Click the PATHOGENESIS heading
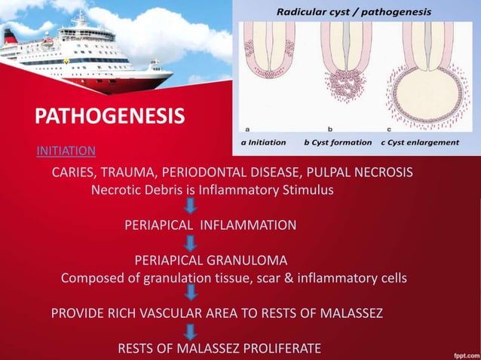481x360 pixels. click(110, 117)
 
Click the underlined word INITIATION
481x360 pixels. click(66, 150)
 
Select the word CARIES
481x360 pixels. click(73, 172)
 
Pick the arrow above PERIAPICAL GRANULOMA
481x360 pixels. click(191, 243)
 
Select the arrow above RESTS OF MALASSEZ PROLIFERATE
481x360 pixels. click(191, 331)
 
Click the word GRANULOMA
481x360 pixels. click(248, 261)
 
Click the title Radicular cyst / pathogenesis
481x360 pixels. click(354, 12)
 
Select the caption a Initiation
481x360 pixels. click(263, 142)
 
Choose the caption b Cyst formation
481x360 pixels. click(337, 142)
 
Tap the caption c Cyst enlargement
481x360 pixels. click(421, 142)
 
